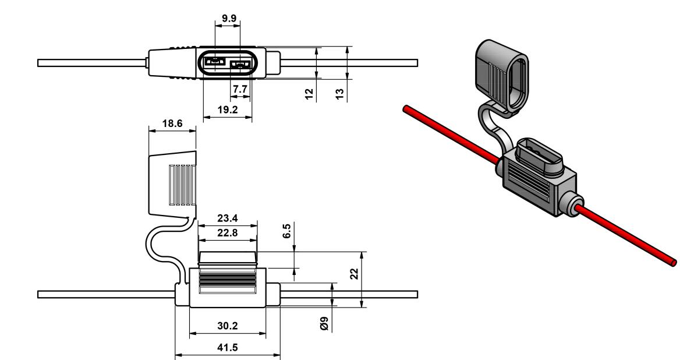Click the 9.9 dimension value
coord(229,18)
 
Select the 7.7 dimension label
coord(240,89)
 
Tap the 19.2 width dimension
coord(228,110)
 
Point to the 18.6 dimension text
coord(172,123)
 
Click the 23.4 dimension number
coord(228,218)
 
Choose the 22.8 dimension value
coord(228,233)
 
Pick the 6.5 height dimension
coord(286,231)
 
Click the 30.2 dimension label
coord(228,326)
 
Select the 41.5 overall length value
coord(228,348)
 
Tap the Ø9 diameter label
coord(324,323)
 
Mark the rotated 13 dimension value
coord(340,94)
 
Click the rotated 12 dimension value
coord(309,94)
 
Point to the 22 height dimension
coord(355,274)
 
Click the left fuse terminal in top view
coord(214,62)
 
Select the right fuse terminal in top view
coord(240,65)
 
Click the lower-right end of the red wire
coord(672,262)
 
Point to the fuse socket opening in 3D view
coord(538,155)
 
